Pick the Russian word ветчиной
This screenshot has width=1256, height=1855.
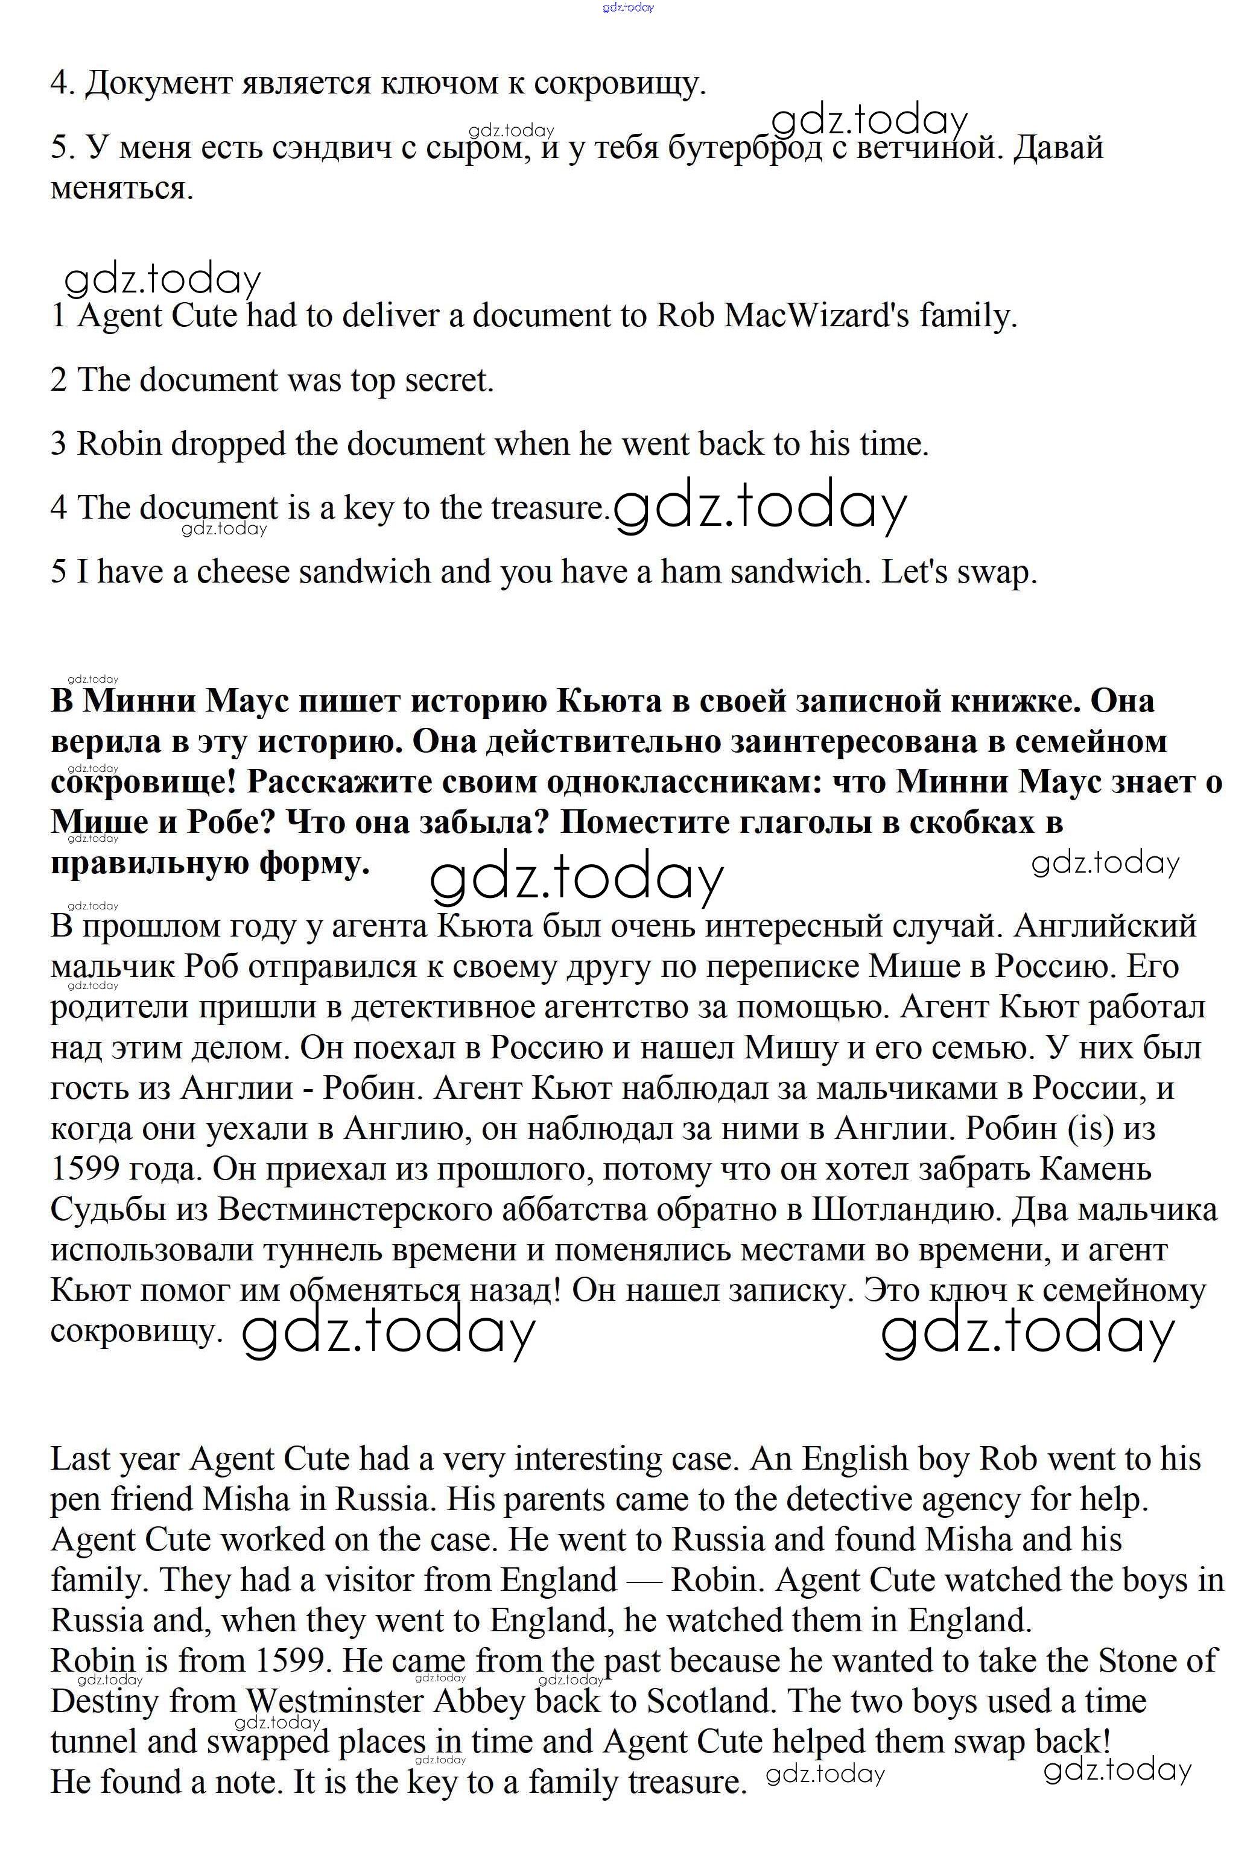924,148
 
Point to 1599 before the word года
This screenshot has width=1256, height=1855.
83,1169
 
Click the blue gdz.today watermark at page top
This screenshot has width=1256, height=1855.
629,7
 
